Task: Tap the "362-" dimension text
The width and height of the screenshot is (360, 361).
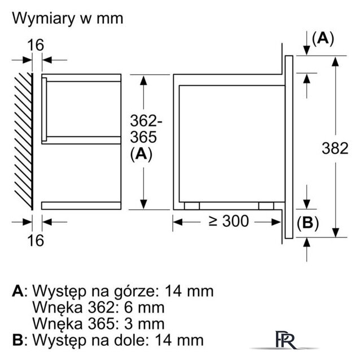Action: pos(146,121)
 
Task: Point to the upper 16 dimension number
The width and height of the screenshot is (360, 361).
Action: pos(35,45)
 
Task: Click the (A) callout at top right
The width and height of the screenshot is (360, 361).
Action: pos(322,38)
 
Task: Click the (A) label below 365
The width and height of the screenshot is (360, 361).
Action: pos(141,154)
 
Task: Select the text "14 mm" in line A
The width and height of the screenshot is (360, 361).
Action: pos(190,291)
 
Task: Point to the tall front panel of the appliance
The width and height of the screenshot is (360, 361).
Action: pos(288,147)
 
